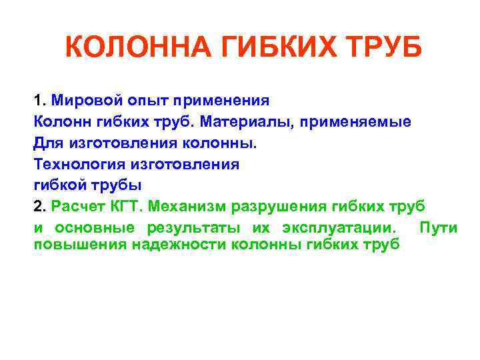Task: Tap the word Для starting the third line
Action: pyautogui.click(x=46, y=143)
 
